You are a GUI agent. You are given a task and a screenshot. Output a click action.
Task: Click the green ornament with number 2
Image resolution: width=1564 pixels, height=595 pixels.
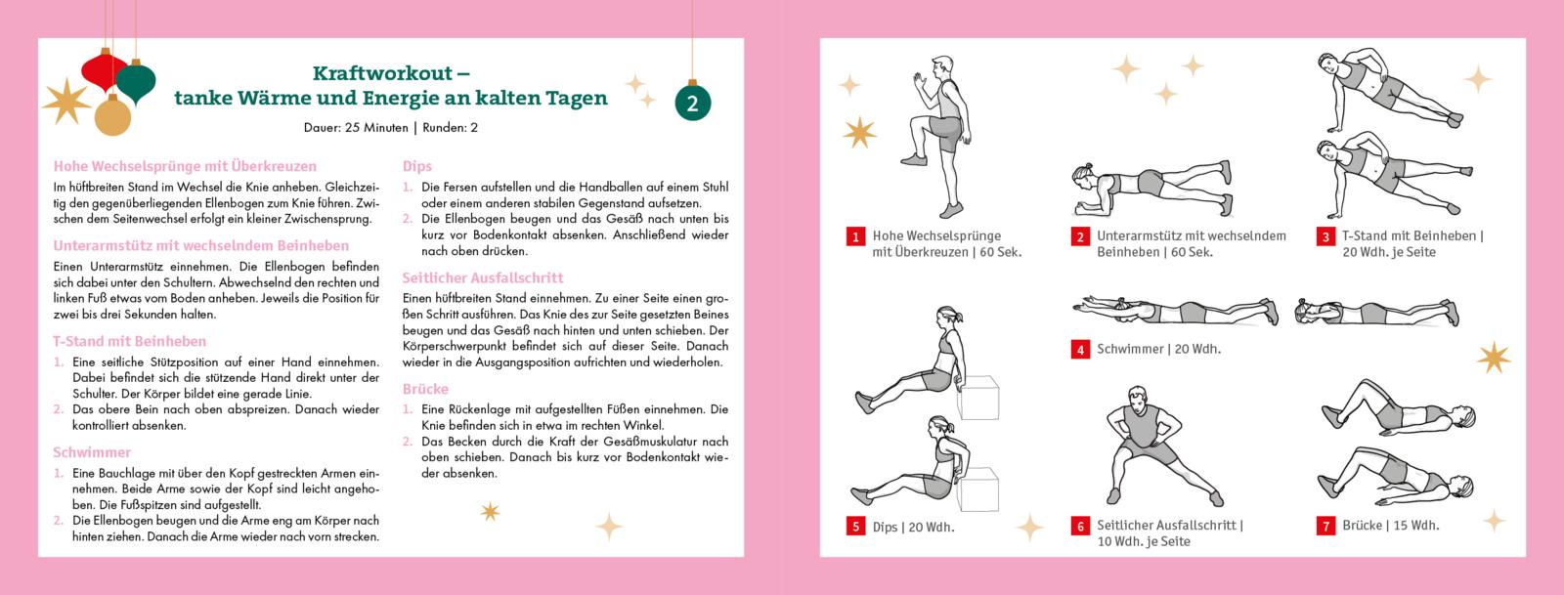click(x=693, y=102)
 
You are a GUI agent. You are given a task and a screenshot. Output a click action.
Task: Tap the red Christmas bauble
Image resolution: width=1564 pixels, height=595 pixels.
click(x=104, y=71)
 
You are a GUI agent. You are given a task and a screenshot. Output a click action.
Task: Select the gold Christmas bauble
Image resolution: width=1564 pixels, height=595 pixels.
click(x=112, y=115)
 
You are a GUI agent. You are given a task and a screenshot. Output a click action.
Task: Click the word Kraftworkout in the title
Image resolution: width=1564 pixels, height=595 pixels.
click(x=382, y=73)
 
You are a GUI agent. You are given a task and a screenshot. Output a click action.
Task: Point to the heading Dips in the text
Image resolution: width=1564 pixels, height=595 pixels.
click(x=416, y=166)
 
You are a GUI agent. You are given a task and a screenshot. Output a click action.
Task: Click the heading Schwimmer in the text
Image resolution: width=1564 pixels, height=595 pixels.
click(x=92, y=452)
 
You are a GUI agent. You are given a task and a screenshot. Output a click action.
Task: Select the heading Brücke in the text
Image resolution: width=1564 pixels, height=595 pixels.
click(x=425, y=389)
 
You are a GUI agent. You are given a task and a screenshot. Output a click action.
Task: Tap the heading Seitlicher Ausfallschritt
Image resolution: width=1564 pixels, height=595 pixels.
click(x=483, y=277)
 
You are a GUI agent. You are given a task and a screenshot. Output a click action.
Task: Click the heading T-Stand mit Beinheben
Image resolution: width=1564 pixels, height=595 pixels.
click(x=130, y=341)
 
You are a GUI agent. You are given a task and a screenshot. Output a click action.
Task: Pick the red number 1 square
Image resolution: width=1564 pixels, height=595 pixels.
click(x=855, y=236)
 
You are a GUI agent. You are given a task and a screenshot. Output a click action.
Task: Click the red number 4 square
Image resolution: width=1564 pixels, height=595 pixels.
click(x=1080, y=350)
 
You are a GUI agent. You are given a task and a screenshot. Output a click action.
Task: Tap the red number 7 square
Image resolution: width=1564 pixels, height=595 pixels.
click(x=1325, y=526)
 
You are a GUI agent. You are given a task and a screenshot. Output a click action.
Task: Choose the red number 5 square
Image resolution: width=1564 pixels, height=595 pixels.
click(x=855, y=526)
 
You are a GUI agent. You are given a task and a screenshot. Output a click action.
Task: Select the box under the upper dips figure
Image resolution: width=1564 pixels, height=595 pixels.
click(x=977, y=398)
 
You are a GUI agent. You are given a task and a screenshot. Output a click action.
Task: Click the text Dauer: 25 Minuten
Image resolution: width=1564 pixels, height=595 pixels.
click(x=356, y=128)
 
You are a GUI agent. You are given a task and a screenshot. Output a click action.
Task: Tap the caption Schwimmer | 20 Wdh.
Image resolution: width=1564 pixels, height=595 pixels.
click(x=1159, y=349)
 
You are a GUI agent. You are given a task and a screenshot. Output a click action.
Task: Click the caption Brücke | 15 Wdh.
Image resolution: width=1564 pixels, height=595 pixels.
click(x=1391, y=526)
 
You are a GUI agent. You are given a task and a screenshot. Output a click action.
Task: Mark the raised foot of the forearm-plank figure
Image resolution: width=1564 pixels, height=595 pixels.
click(x=1225, y=171)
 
